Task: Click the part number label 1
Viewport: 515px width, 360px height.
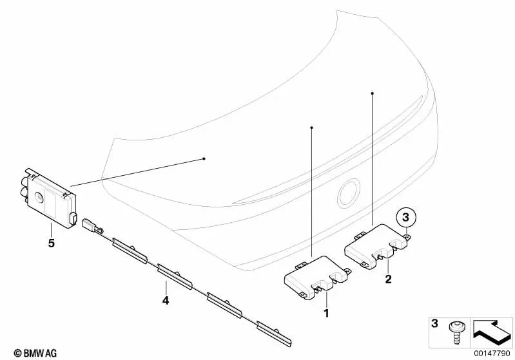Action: [326, 314]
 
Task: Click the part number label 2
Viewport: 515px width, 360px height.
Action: [388, 279]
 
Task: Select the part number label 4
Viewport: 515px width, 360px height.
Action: [166, 300]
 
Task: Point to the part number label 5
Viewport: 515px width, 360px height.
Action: [52, 243]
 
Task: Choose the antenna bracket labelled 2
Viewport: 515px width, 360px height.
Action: [377, 245]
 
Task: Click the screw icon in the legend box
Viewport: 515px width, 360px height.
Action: [454, 332]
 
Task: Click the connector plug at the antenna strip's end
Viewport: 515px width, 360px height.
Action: [90, 225]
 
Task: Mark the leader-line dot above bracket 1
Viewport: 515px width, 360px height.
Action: [312, 128]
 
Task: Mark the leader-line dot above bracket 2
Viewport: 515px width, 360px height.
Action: [373, 93]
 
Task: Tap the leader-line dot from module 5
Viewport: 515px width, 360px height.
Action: [204, 158]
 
